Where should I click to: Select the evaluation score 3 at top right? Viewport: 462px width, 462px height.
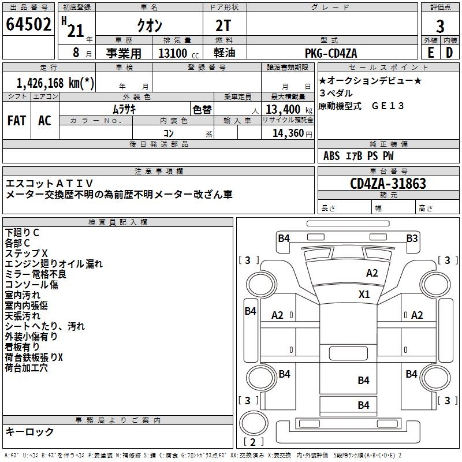pos(440,27)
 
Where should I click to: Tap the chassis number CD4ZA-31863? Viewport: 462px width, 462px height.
pos(388,184)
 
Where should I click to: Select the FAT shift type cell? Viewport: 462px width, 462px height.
pos(16,121)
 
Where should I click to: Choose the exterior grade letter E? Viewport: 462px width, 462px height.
pos(430,53)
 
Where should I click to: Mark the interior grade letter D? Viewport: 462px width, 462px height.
pos(449,53)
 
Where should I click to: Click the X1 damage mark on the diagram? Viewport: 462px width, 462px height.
pos(364,294)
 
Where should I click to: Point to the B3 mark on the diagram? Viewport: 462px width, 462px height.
pos(412,238)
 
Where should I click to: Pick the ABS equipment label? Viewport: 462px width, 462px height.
pos(331,155)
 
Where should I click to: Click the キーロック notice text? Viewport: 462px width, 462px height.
pos(30,431)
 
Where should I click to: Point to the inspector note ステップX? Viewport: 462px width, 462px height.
pos(26,254)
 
